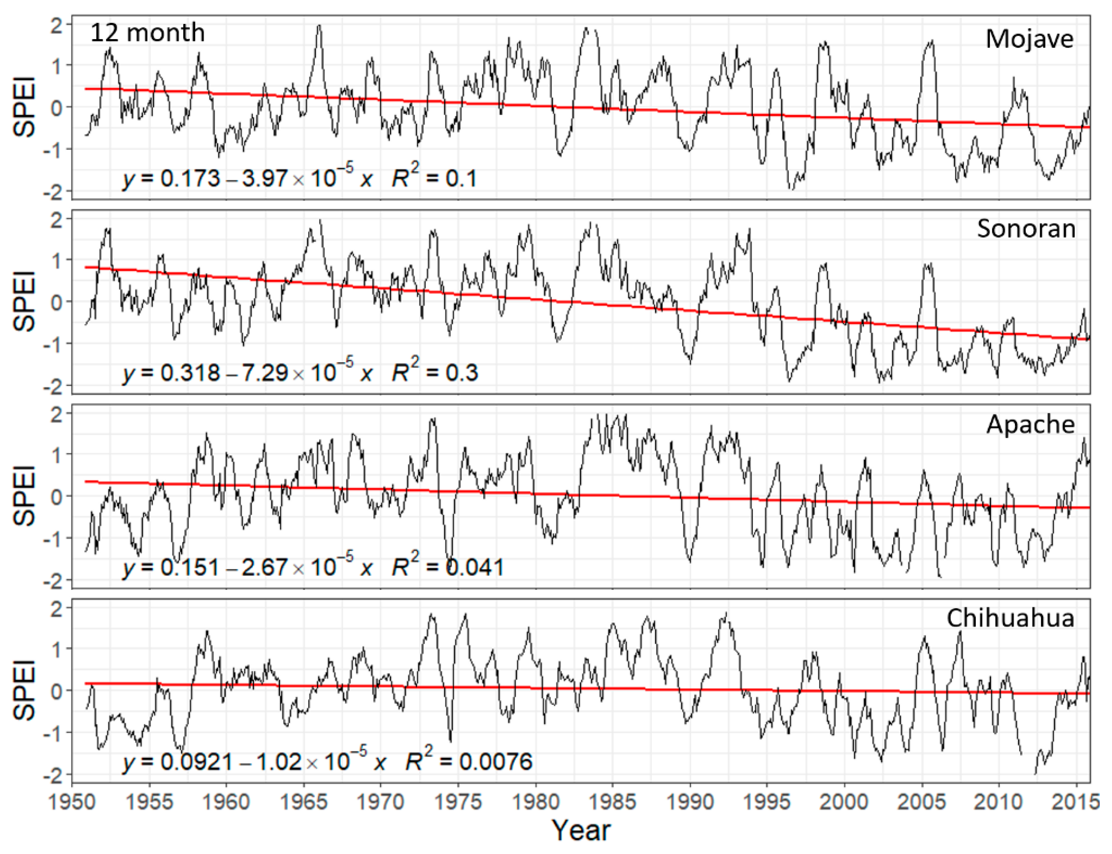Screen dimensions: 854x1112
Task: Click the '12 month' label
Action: [x=147, y=33]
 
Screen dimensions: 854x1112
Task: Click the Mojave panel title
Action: [x=1029, y=39]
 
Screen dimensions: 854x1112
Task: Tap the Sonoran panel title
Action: [x=1026, y=229]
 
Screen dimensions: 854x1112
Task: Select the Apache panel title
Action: [x=1030, y=424]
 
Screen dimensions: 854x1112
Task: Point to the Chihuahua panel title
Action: [x=1010, y=618]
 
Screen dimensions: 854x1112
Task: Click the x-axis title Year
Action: [x=581, y=830]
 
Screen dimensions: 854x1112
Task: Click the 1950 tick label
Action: [x=71, y=802]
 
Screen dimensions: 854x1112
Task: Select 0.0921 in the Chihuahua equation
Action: [x=197, y=761]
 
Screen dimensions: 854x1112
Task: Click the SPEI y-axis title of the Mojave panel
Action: [x=24, y=107]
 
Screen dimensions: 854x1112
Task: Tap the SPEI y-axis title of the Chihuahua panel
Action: [x=24, y=690]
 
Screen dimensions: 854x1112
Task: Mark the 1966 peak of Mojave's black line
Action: [x=319, y=26]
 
